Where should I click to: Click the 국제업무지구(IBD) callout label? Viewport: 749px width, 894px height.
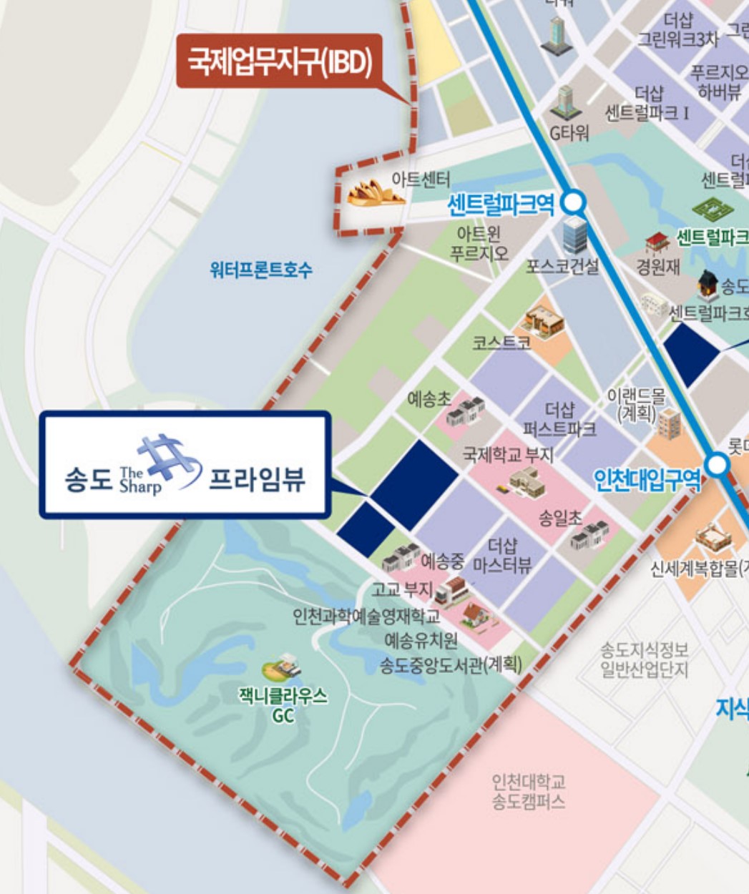coord(280,62)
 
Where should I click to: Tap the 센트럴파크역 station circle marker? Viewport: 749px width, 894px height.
coord(574,203)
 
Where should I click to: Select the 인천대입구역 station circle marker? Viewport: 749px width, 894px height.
coord(717,466)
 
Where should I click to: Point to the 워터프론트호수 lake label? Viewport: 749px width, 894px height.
coord(260,270)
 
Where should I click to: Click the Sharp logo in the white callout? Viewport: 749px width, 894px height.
coord(161,466)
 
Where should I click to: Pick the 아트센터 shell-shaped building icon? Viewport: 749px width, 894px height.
coord(367,194)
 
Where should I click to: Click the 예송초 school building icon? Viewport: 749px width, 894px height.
coord(466,410)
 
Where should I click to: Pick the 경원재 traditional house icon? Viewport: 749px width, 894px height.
coord(656,244)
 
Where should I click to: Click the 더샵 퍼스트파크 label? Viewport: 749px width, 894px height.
coord(559,419)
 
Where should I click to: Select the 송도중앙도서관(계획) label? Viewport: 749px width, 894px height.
coord(451,664)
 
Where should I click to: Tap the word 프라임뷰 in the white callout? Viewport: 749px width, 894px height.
coord(256,478)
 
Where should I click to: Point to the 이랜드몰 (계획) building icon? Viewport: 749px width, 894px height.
coord(670,423)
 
